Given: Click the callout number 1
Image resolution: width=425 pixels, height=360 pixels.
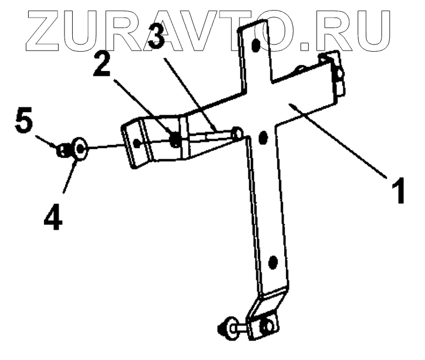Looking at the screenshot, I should [x=398, y=192].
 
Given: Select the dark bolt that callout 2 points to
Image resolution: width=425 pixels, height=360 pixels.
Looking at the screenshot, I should [x=174, y=140].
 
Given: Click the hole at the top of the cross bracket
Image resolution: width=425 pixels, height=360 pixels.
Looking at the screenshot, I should [x=255, y=45].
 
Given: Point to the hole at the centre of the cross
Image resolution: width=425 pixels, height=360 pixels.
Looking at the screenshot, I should [x=262, y=137].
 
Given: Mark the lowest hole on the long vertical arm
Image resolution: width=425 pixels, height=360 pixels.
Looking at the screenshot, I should [x=272, y=261].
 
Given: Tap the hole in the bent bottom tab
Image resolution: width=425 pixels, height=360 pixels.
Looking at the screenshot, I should [x=267, y=325].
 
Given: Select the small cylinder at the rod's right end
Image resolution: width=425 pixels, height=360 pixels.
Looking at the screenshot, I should [x=237, y=133].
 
